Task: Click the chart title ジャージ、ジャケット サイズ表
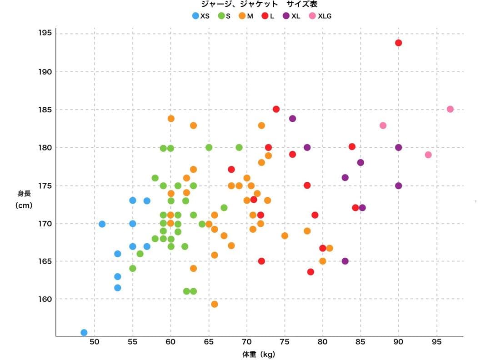point(259,4)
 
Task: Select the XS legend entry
point(200,16)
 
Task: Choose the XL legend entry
point(291,16)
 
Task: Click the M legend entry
point(246,16)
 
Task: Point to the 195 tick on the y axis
point(45,34)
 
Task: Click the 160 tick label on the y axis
point(45,299)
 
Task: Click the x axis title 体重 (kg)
point(259,355)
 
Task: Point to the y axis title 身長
point(24,194)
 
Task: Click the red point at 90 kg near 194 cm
point(399,43)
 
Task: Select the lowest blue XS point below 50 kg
point(84,333)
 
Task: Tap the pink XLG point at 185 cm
point(450,109)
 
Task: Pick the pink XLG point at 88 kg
point(383,125)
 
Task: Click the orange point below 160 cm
point(215,304)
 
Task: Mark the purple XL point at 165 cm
point(345,261)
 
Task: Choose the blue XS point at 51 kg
point(102,224)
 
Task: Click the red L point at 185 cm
point(276,109)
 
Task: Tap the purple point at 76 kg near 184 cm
point(292,119)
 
